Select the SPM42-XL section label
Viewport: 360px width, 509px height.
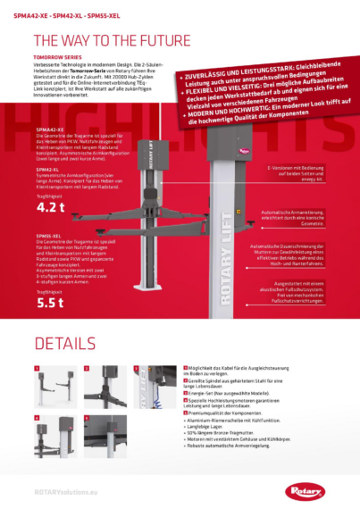49,167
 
